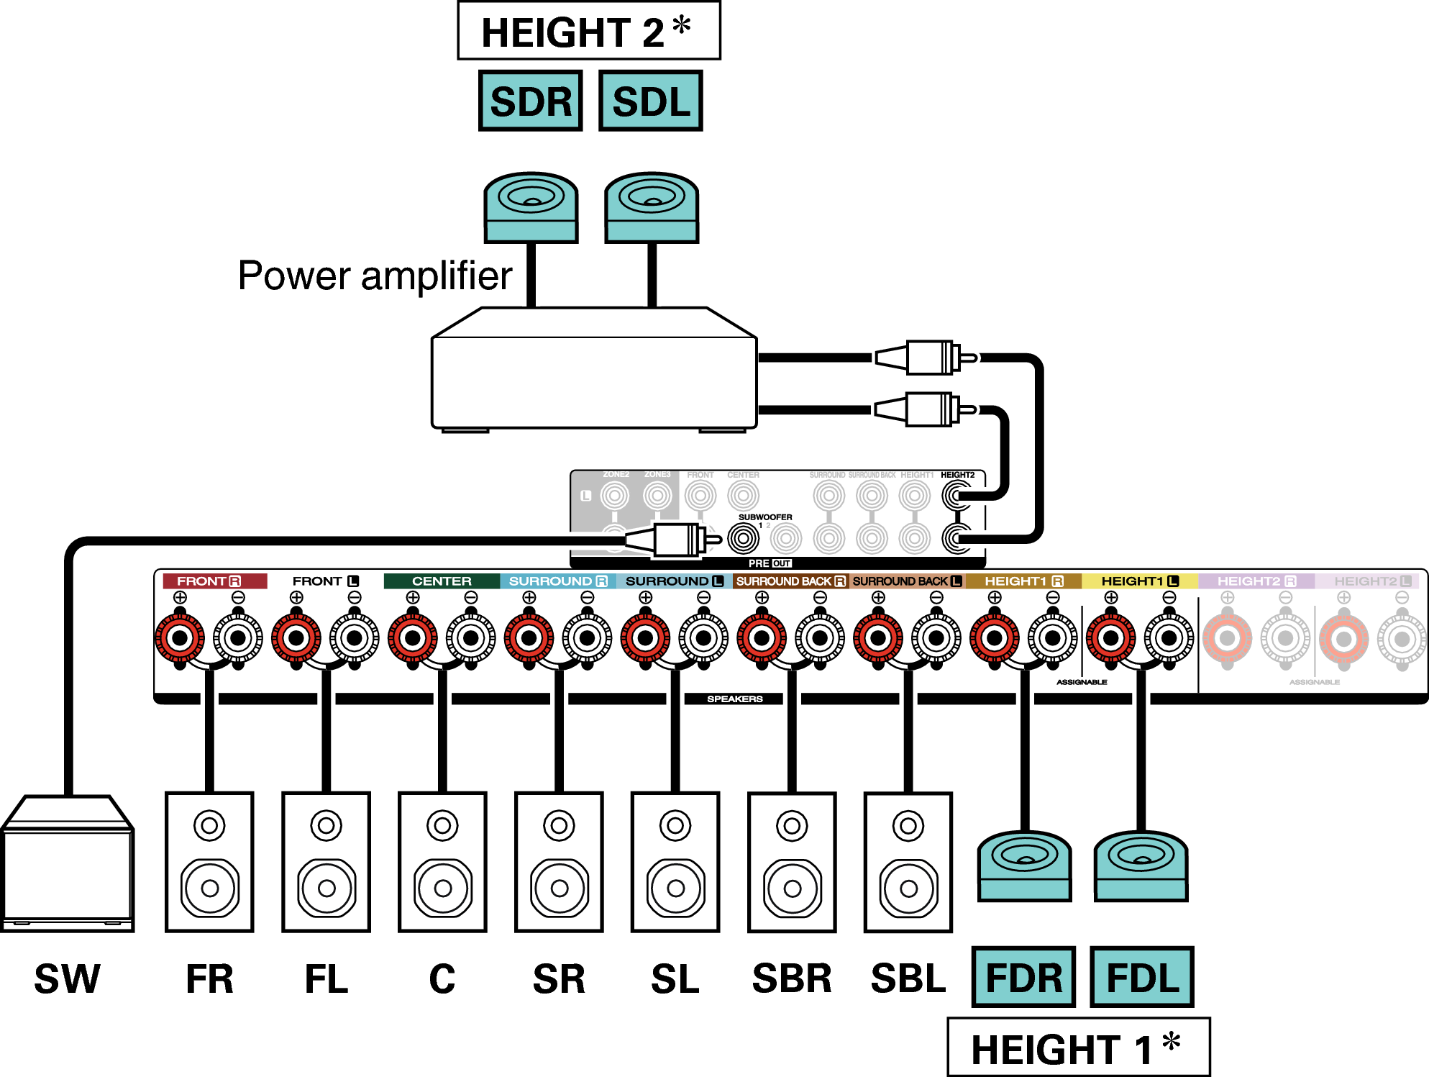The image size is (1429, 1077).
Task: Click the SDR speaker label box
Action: pyautogui.click(x=530, y=101)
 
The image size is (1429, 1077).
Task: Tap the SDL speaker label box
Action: pyautogui.click(x=650, y=101)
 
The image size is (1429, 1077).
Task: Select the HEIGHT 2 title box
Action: pyautogui.click(x=588, y=32)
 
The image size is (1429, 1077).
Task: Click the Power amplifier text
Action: pyautogui.click(x=375, y=276)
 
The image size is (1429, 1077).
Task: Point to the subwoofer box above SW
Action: pyautogui.click(x=68, y=863)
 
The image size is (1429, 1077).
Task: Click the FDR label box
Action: pyautogui.click(x=1023, y=977)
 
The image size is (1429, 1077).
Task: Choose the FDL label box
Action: pyautogui.click(x=1142, y=977)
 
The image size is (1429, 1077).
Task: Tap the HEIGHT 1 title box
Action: pyautogui.click(x=1078, y=1047)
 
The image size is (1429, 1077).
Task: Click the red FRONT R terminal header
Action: pyautogui.click(x=214, y=581)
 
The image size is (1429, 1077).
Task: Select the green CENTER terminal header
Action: pyautogui.click(x=442, y=581)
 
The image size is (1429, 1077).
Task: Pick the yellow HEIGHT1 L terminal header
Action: pyautogui.click(x=1139, y=581)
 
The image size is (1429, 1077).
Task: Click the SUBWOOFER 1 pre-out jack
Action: pyautogui.click(x=743, y=538)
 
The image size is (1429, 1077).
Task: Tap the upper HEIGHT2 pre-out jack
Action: pyautogui.click(x=956, y=495)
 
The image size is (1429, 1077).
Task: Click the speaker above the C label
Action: pyautogui.click(x=442, y=862)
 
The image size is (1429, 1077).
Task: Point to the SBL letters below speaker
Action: pyautogui.click(x=908, y=978)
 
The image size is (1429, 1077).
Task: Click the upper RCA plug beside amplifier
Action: pyautogui.click(x=928, y=358)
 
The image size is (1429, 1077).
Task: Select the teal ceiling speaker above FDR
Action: pyautogui.click(x=1024, y=866)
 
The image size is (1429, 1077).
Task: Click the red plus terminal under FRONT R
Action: pyautogui.click(x=180, y=637)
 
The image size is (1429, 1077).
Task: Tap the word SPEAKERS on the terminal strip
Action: pyautogui.click(x=734, y=699)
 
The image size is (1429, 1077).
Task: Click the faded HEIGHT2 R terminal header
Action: pyautogui.click(x=1256, y=581)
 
